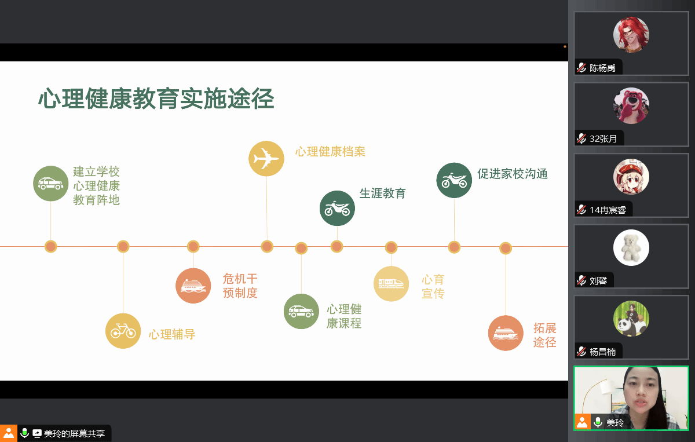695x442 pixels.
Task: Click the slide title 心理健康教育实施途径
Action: pos(156,99)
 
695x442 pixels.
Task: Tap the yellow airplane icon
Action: pos(266,158)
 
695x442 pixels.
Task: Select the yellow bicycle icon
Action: pos(123,331)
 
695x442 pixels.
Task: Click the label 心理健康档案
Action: pos(330,152)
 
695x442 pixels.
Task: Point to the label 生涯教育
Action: pos(382,193)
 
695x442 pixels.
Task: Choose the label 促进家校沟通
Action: pos(512,174)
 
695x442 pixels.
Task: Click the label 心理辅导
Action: pos(172,334)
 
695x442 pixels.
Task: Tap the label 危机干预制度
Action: pos(240,286)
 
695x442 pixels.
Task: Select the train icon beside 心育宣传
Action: pos(391,284)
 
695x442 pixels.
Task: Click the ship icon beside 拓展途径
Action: pos(506,333)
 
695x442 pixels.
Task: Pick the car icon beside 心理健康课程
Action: pos(301,312)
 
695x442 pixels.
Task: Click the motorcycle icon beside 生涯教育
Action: pos(337,208)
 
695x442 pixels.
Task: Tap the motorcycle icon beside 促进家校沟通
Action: pos(454,180)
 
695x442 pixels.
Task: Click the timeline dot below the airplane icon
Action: pos(267,247)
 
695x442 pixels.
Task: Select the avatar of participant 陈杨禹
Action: pos(631,35)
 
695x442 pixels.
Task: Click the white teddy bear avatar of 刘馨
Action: pos(631,248)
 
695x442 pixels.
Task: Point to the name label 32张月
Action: pos(602,139)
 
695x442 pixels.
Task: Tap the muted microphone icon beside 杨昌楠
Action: pos(581,352)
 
